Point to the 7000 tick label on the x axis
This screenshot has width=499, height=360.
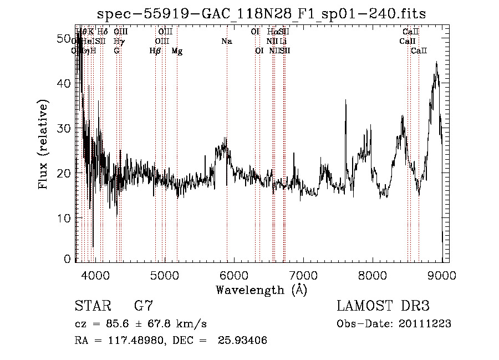[x=303, y=276]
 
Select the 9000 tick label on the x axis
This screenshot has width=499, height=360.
[x=442, y=276]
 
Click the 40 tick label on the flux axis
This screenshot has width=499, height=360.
[x=65, y=83]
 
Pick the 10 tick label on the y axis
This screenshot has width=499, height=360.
[x=65, y=218]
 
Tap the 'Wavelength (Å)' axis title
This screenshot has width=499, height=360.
[x=261, y=290]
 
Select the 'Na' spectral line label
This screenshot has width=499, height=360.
[x=226, y=41]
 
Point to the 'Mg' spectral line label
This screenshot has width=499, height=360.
[x=177, y=51]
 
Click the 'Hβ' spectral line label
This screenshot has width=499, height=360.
[x=155, y=51]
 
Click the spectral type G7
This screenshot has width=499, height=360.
[x=144, y=306]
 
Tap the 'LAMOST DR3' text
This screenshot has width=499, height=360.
[x=383, y=306]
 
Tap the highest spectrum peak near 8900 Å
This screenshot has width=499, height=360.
[x=437, y=63]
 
